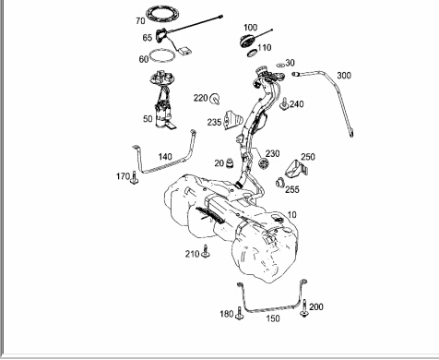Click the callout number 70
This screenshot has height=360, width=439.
(x=140, y=21)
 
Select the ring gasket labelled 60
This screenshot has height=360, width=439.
(x=162, y=51)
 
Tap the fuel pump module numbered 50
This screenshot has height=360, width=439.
(x=163, y=99)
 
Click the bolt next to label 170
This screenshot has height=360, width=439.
(x=134, y=178)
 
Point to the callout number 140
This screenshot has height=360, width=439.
(x=165, y=157)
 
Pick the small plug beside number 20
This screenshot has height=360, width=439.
(x=230, y=163)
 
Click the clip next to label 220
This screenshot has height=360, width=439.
(x=215, y=99)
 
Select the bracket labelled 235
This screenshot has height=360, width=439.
(x=233, y=120)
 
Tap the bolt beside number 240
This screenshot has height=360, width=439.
(x=284, y=104)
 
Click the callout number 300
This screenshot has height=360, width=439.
(x=344, y=76)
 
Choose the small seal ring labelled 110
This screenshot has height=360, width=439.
(x=252, y=54)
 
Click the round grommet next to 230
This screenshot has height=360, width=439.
(x=263, y=163)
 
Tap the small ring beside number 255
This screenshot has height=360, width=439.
(x=279, y=183)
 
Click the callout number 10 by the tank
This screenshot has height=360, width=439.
(x=291, y=214)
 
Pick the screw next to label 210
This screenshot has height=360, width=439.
(x=206, y=251)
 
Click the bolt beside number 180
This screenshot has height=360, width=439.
(x=240, y=313)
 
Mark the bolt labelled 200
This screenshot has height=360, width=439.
(x=304, y=308)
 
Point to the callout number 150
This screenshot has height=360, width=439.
(x=273, y=318)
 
